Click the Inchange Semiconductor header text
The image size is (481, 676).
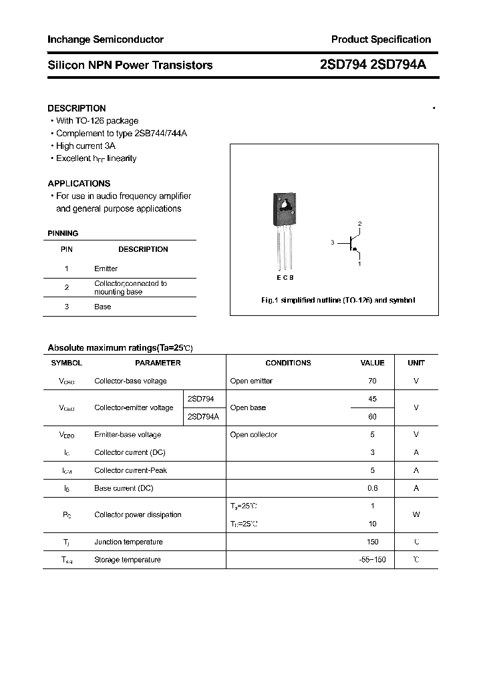(106, 39)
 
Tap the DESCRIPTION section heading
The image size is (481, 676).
(77, 108)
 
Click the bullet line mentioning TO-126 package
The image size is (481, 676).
(97, 121)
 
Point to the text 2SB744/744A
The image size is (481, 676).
(160, 134)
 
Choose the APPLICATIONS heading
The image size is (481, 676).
(79, 184)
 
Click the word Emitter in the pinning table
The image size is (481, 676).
(106, 269)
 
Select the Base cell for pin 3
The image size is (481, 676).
(102, 307)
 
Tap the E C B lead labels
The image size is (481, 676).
(285, 277)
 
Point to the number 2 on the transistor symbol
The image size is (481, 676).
(359, 223)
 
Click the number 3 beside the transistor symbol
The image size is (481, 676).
(331, 243)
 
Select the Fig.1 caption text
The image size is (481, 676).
(337, 301)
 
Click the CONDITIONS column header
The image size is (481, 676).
(288, 363)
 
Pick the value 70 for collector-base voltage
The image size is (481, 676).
(372, 381)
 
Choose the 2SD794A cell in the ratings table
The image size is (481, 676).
(203, 416)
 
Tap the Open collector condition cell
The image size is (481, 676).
(253, 435)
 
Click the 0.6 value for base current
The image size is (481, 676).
(372, 488)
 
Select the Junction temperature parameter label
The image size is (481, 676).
(128, 542)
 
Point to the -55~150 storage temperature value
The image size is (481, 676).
(372, 560)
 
